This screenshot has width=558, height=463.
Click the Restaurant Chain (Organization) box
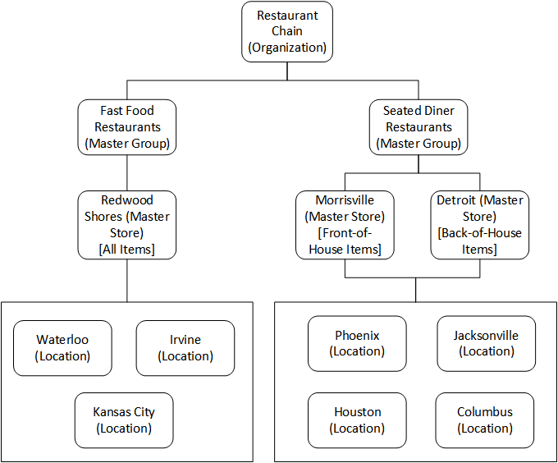coord(287,31)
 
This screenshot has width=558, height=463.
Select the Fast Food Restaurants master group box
coord(127,126)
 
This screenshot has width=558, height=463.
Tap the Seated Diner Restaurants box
coord(418,126)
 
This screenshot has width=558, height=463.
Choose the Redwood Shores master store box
coord(127,224)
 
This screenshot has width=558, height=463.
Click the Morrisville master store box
coord(345,224)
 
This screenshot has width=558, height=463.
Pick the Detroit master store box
coord(479,224)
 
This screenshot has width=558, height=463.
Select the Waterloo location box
coord(62,348)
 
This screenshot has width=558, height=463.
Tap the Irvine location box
coord(185,348)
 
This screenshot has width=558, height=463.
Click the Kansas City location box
coord(124,420)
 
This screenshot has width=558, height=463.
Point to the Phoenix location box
coord(358,343)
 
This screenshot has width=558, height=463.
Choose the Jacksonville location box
coord(486,343)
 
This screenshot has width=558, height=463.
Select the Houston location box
coord(358,420)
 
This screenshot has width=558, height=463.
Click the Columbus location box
coord(485,420)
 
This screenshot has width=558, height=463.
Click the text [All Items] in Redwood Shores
coord(126,249)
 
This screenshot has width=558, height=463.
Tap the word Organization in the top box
coord(288,48)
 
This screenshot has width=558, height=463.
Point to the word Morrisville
coord(345,200)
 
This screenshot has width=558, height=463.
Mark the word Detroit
coord(455,200)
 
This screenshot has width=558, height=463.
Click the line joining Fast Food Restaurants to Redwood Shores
coord(127,172)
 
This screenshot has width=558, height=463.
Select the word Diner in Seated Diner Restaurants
coord(439,111)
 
